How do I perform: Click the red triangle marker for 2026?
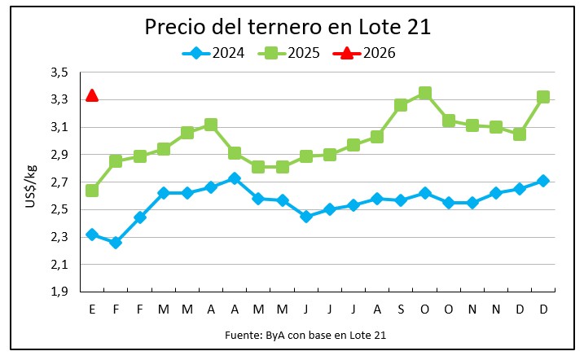(92, 95)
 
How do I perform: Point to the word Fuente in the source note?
(242, 335)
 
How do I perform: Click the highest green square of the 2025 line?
(424, 94)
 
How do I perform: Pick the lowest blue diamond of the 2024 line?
(116, 242)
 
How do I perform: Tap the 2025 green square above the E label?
(92, 190)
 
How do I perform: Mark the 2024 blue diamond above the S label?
(401, 200)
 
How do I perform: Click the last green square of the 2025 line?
(543, 97)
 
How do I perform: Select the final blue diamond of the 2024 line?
(543, 181)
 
